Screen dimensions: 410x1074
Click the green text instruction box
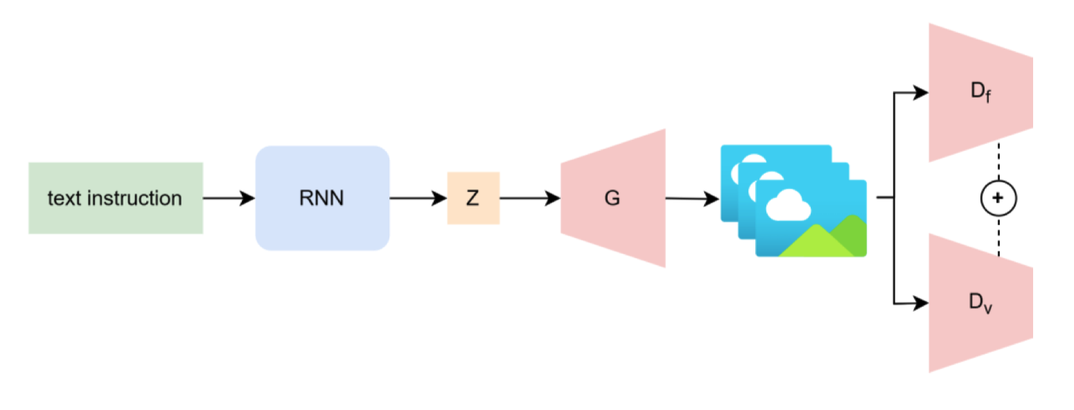click(115, 198)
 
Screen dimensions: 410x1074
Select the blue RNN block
click(322, 198)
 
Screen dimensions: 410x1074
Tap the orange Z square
click(473, 198)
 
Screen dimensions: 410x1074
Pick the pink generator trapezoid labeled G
click(613, 198)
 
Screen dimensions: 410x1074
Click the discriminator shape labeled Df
click(980, 93)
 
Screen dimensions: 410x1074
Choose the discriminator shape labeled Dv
click(980, 303)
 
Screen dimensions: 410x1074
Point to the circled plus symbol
click(998, 198)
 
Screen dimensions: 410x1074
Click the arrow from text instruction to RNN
click(229, 198)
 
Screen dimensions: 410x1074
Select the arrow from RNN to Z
click(418, 198)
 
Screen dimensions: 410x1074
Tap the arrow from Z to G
click(529, 198)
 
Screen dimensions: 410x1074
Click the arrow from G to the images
click(692, 199)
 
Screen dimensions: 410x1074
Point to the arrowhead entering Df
click(921, 93)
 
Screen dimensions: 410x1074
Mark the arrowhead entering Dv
click(921, 303)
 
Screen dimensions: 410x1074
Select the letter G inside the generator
click(613, 199)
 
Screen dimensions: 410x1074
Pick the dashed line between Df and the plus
click(998, 163)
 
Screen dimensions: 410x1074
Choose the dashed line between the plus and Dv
click(998, 235)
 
